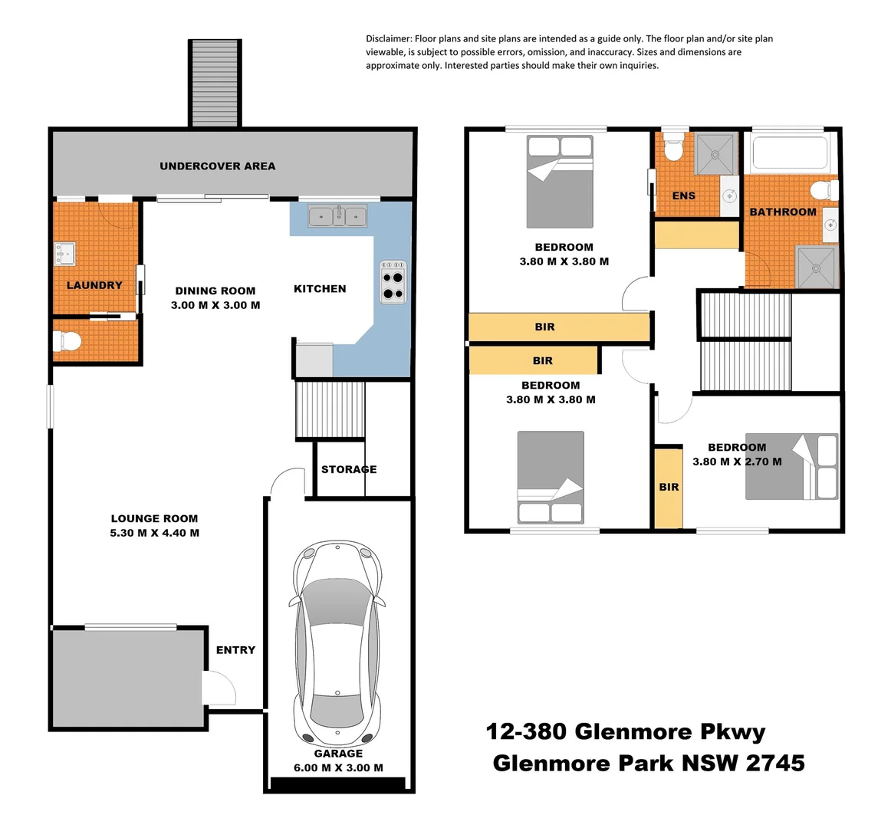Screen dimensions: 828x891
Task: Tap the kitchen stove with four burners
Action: (x=393, y=283)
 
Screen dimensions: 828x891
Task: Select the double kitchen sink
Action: (x=337, y=217)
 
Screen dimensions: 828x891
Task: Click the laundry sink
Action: (x=64, y=253)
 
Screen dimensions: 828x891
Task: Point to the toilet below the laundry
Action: (x=67, y=341)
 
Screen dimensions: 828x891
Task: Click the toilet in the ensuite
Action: (x=673, y=147)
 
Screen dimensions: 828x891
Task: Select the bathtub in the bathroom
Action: (x=790, y=152)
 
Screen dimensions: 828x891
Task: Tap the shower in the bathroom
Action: (x=817, y=268)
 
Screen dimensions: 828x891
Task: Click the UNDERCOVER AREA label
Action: (x=217, y=166)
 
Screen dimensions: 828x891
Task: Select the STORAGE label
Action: (x=349, y=469)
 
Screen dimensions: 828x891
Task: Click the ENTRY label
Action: (x=235, y=649)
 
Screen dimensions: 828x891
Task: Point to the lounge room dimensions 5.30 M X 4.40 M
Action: (x=154, y=533)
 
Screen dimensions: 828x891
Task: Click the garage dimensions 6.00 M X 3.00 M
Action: (x=338, y=767)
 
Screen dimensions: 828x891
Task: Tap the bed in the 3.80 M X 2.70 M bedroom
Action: (x=792, y=466)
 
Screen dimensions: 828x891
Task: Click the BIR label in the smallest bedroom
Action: (x=669, y=487)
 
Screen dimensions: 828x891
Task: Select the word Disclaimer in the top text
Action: (x=389, y=38)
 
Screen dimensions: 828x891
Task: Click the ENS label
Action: (x=683, y=195)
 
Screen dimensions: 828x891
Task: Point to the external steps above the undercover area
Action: (x=215, y=83)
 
